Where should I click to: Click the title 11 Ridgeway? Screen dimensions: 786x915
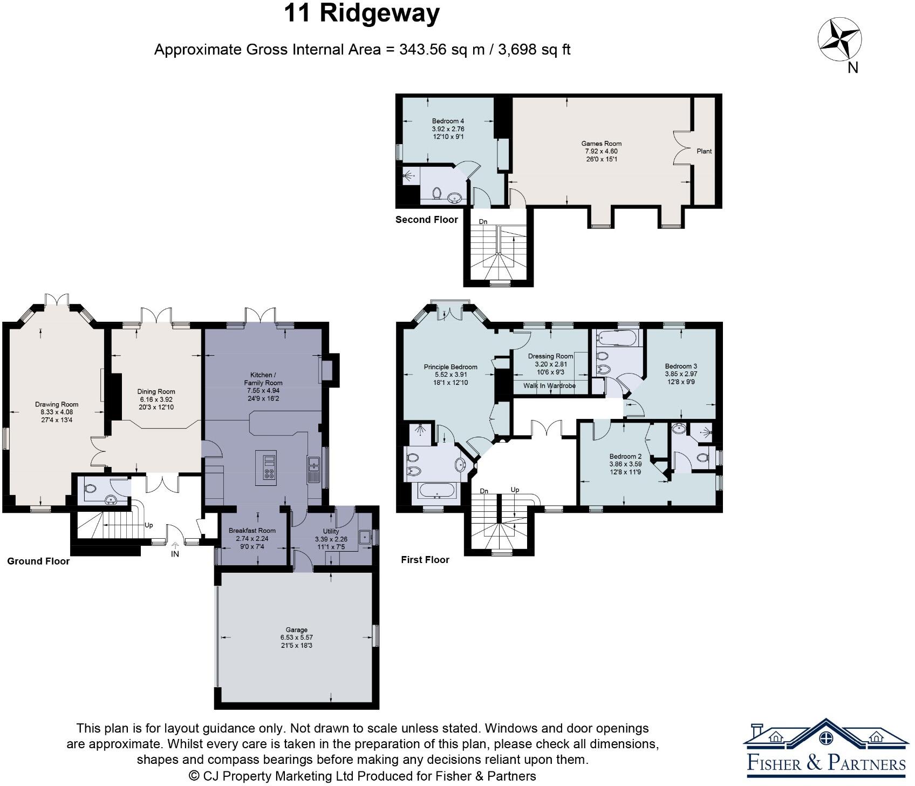pos(361,13)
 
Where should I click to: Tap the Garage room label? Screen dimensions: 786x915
pos(296,629)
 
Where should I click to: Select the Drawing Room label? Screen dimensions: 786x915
pos(57,404)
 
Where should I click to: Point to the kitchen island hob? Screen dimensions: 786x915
pos(269,467)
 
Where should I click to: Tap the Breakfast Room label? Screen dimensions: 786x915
pos(252,531)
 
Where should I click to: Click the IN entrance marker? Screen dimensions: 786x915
pos(175,554)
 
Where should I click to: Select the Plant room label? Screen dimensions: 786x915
pos(704,151)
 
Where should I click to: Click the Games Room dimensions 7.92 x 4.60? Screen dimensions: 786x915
pos(601,151)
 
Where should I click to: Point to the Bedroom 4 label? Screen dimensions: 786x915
pos(448,121)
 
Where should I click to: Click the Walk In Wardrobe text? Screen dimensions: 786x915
pos(549,386)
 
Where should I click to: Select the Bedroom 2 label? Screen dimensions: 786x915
pos(625,456)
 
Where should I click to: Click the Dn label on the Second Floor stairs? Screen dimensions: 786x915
pos(483,221)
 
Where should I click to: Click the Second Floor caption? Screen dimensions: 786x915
pos(426,220)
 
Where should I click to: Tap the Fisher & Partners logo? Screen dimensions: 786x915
pos(825,750)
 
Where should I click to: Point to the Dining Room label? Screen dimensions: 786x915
pos(156,392)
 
